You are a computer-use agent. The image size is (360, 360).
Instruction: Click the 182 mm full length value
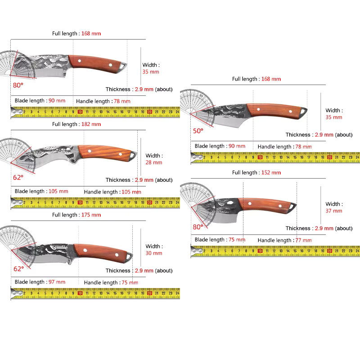click(91, 124)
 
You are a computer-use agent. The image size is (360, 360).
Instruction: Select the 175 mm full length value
click(91, 215)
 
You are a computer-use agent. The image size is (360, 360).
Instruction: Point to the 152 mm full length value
click(271, 173)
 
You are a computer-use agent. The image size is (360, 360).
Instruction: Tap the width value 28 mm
click(154, 162)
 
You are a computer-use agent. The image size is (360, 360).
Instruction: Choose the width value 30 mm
click(154, 253)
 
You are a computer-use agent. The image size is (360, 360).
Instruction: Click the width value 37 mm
click(334, 211)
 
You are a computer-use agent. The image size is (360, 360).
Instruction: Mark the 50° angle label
click(198, 131)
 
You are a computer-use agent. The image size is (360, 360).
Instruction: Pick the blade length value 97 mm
click(57, 282)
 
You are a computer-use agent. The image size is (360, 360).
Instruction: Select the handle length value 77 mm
click(303, 240)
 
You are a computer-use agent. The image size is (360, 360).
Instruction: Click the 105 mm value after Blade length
click(58, 191)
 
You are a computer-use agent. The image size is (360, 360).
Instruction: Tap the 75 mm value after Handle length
click(130, 283)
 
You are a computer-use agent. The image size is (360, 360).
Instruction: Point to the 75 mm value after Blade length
click(237, 240)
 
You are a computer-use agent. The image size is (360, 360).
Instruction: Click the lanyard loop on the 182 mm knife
click(133, 156)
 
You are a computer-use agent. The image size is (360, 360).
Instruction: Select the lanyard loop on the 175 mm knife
click(129, 257)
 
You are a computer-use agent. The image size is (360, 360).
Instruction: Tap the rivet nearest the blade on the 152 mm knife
click(250, 203)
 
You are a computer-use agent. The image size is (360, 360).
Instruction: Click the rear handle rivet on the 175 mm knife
click(117, 255)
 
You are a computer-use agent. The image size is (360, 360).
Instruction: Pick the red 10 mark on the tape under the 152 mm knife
click(260, 251)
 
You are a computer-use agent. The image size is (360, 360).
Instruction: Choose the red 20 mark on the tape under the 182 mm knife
click(150, 202)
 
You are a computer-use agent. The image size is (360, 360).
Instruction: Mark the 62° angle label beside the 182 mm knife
click(18, 177)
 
